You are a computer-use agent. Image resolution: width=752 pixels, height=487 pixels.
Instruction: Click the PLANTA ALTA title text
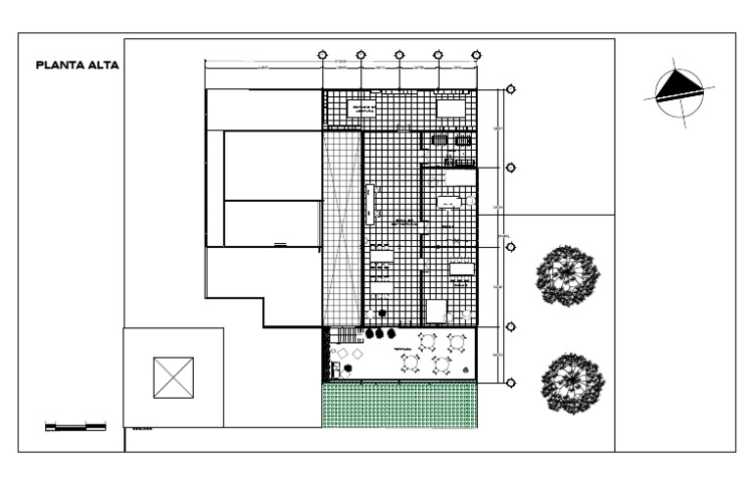76,67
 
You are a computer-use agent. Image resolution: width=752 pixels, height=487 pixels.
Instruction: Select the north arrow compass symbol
677,93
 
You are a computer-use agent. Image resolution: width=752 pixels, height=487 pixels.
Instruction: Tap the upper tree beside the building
568,275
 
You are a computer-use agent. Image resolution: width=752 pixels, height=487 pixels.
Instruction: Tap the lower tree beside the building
572,380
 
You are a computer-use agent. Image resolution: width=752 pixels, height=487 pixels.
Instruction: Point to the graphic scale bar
76,426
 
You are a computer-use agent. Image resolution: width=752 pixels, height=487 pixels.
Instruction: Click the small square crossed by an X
173,378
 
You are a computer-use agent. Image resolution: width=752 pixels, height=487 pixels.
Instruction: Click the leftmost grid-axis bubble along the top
323,55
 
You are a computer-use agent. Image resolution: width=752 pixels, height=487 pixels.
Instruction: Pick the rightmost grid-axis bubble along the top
476,55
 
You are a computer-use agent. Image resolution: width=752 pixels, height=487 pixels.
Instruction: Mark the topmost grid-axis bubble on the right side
510,90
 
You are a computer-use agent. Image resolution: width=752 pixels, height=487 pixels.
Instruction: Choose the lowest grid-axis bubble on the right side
510,384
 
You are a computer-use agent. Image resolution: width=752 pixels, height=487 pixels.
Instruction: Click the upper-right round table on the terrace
455,342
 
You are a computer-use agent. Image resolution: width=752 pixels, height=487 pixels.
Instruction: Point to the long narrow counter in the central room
371,204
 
